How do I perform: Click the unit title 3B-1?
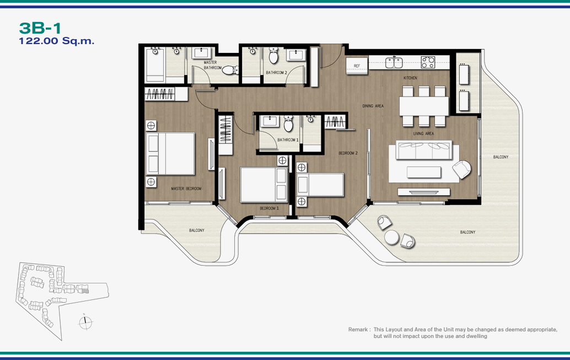click(40, 28)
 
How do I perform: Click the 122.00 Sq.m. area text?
click(56, 41)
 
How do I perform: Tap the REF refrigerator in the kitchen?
click(357, 66)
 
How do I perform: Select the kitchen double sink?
click(394, 62)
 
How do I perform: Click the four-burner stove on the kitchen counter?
click(428, 62)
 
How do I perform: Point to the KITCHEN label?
click(410, 78)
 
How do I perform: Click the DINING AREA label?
click(373, 106)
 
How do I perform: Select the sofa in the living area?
click(424, 150)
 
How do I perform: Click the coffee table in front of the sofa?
click(424, 172)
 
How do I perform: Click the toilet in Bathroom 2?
click(273, 56)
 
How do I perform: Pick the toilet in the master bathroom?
click(230, 70)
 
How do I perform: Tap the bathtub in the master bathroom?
click(155, 65)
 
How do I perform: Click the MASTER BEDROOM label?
click(186, 189)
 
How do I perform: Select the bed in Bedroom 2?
click(320, 185)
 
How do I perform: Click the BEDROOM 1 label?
click(269, 208)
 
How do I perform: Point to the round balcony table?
click(392, 238)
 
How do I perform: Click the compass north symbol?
click(85, 322)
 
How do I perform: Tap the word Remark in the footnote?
click(358, 330)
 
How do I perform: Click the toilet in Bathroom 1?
click(288, 123)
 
